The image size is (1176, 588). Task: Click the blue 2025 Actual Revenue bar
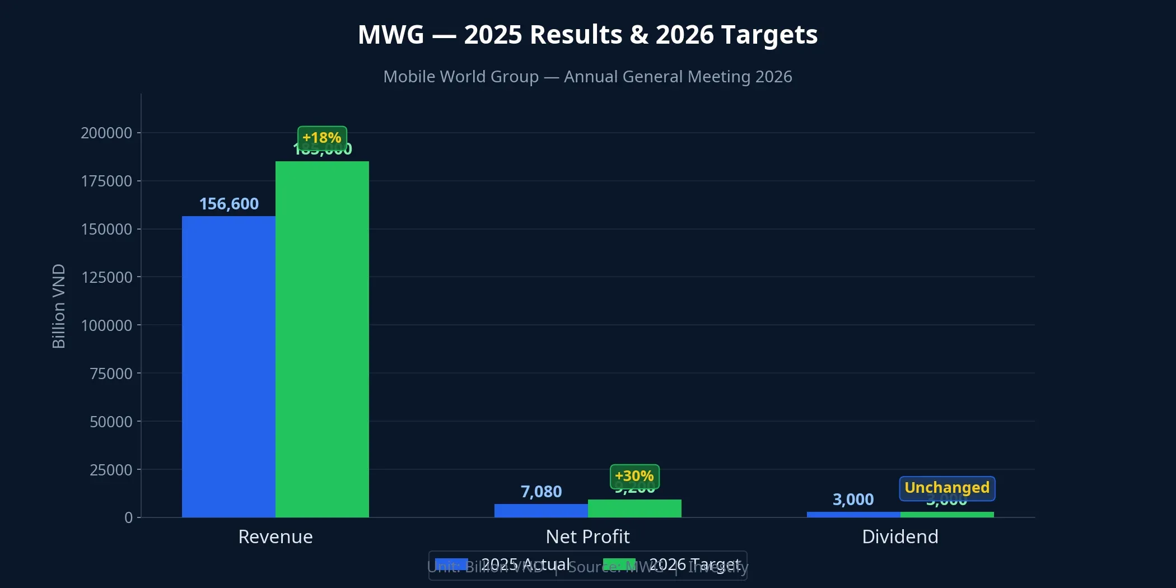coord(228,367)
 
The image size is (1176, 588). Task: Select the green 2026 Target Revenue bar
coord(322,339)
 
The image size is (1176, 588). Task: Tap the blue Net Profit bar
coord(541,510)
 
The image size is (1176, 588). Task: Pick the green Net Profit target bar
coord(634,508)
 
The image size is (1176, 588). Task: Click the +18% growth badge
coord(322,138)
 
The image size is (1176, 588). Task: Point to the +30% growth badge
coord(634,476)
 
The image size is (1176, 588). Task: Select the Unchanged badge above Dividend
coord(947,488)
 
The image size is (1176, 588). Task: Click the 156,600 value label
coord(229,204)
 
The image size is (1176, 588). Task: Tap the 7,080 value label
coord(541,492)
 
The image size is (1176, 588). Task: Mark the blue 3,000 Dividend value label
coord(853,500)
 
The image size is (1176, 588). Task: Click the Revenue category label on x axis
coord(276,536)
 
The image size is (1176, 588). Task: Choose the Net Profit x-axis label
coord(587,536)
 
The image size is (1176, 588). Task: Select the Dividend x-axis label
coord(900,536)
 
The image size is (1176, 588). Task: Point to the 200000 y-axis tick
coord(106,133)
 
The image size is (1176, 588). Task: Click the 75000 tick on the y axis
coord(111,374)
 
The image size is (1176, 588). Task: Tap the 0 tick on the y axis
coord(128,517)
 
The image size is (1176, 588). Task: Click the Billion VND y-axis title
coord(59,306)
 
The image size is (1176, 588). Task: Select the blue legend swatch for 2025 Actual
coord(451,564)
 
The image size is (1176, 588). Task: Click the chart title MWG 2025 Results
coord(587,35)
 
